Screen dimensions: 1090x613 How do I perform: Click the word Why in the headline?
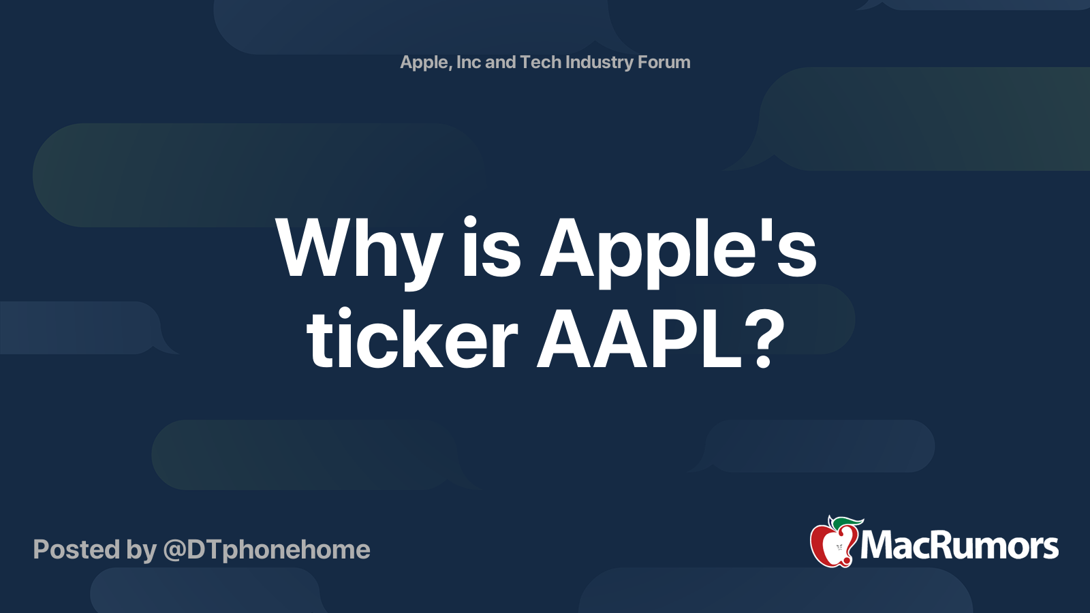(x=358, y=252)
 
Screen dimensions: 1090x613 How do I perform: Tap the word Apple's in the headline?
(x=679, y=252)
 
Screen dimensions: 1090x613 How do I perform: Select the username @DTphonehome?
(x=266, y=550)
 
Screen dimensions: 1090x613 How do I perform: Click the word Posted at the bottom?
(x=76, y=549)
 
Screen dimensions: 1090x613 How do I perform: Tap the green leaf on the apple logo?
(x=847, y=523)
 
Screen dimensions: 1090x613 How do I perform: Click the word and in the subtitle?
(x=500, y=62)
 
